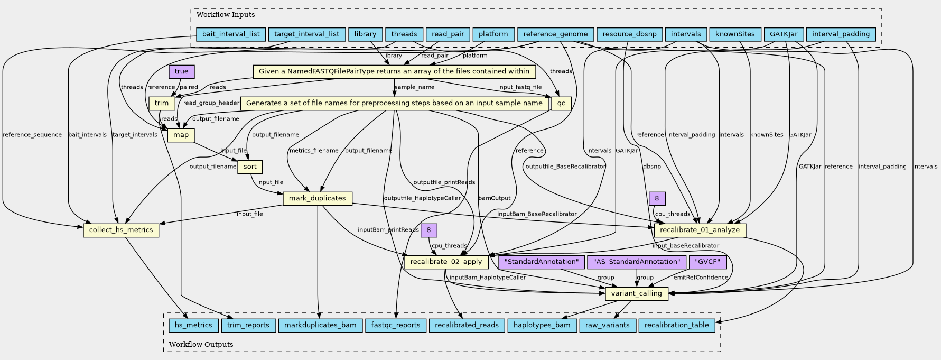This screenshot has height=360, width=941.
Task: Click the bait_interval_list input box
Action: tap(231, 34)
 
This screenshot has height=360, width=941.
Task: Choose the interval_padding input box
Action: tap(841, 34)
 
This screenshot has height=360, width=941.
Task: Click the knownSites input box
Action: tap(734, 34)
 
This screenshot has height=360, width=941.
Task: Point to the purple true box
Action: tap(181, 71)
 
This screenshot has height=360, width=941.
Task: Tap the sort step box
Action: tap(250, 167)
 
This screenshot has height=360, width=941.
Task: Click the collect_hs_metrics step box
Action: tap(121, 230)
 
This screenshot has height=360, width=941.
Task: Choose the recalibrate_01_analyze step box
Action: tap(700, 230)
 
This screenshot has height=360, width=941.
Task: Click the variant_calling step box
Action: tap(636, 293)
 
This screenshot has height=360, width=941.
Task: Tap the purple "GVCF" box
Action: tap(708, 262)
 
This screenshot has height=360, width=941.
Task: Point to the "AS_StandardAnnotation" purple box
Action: tap(637, 262)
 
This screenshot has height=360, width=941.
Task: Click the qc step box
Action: tap(561, 103)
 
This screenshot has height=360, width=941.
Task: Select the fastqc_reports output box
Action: tap(396, 325)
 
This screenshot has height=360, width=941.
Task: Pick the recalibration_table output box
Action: tap(677, 325)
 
